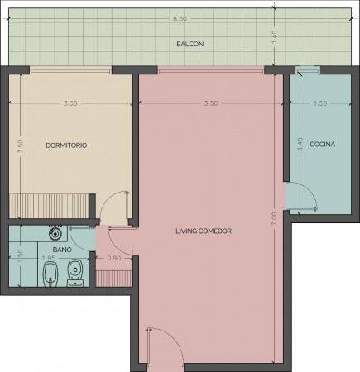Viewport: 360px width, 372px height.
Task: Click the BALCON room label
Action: click(190, 44)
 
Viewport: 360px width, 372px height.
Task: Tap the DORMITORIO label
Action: click(66, 145)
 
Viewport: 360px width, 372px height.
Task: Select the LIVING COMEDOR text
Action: click(204, 231)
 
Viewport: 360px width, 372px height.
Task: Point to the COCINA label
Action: click(323, 144)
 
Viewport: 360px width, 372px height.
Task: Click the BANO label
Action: click(62, 250)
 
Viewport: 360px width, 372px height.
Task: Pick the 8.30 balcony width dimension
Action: click(180, 19)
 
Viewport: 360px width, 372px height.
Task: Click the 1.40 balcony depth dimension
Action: click(274, 36)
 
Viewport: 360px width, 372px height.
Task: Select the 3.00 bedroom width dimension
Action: click(70, 103)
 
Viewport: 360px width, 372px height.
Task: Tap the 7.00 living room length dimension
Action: click(275, 219)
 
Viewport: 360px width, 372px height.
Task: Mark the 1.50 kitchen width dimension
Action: click(320, 103)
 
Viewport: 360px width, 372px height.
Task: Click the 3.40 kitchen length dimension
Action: click(300, 144)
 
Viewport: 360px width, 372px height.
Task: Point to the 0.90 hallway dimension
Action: click(114, 258)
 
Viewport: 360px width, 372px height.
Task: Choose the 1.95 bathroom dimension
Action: click(49, 258)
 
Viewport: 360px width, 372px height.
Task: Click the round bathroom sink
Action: click(55, 233)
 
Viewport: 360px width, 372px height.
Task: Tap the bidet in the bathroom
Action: click(50, 274)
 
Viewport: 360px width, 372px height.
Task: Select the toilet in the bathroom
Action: click(74, 273)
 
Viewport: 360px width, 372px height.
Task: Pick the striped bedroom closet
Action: click(49, 206)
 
